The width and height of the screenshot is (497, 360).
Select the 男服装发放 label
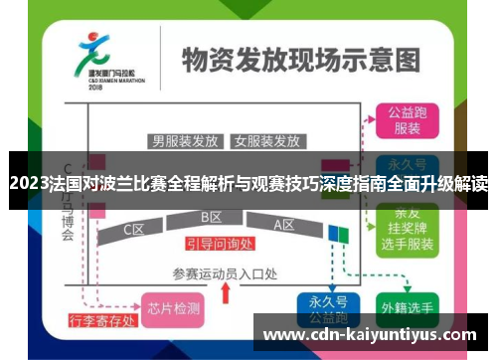185,139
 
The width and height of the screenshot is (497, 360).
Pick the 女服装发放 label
266,139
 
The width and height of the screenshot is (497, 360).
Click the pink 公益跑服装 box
407,120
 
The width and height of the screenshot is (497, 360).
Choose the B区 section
211,217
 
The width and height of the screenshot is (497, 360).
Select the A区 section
284,224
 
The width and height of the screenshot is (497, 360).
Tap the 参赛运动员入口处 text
226,271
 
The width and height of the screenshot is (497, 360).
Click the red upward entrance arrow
226,292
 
